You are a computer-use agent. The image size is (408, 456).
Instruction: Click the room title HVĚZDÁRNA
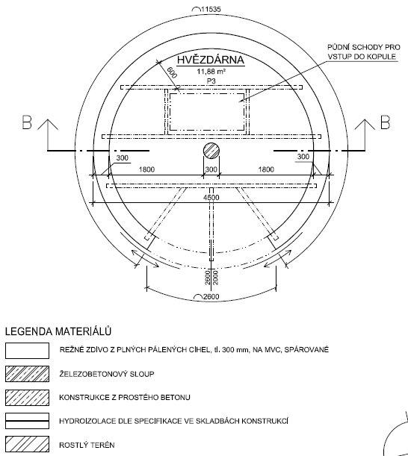click(211, 60)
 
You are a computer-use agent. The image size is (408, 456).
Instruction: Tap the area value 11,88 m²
click(211, 72)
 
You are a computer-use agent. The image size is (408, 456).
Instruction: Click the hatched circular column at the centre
click(211, 151)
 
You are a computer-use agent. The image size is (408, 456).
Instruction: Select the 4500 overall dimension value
click(211, 198)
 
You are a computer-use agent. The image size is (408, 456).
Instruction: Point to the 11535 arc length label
click(211, 9)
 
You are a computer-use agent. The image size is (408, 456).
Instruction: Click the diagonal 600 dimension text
click(172, 72)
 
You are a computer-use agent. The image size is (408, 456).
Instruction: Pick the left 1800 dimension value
click(146, 169)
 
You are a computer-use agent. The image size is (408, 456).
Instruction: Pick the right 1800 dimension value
click(266, 169)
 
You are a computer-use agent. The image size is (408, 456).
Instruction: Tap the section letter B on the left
click(27, 122)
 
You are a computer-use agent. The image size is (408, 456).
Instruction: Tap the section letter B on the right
click(385, 122)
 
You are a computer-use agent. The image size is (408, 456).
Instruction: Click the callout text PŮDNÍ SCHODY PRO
click(364, 47)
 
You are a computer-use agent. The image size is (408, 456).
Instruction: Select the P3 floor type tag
click(211, 81)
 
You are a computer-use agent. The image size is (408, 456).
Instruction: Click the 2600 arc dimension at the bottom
click(211, 296)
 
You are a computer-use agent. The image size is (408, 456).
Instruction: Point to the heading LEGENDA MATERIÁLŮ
click(58, 331)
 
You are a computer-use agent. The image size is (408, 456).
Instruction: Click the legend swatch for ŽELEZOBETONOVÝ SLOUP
click(27, 374)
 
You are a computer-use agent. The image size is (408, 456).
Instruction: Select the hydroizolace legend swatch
click(27, 421)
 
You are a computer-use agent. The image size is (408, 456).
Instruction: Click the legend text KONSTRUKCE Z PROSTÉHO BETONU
click(125, 397)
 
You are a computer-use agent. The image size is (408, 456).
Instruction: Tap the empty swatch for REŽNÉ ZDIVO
click(27, 351)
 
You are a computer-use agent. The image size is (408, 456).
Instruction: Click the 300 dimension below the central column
click(211, 169)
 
